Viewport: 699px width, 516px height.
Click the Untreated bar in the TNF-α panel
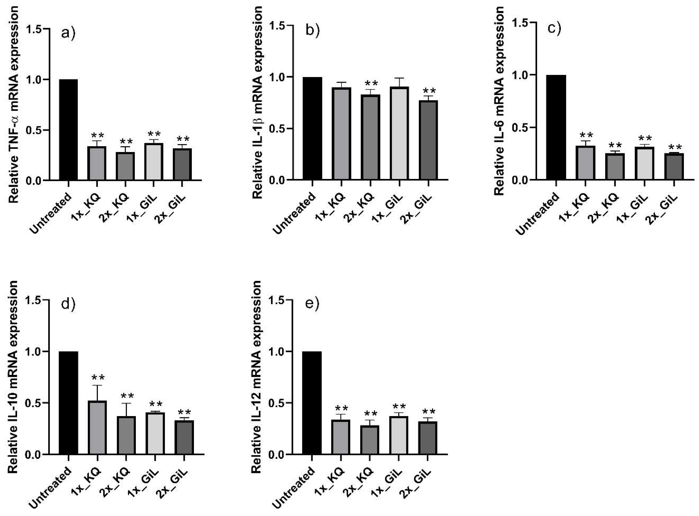tap(68, 130)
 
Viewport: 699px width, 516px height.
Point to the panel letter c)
tap(554, 28)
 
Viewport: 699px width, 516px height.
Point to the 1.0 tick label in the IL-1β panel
tap(278, 77)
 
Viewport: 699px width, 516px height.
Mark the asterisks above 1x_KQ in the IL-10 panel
tap(97, 378)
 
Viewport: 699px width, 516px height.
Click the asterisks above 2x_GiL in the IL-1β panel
tap(428, 91)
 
